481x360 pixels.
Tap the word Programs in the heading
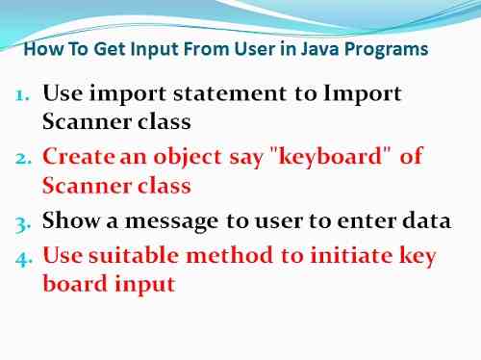click(391, 49)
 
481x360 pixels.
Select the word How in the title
click(38, 49)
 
